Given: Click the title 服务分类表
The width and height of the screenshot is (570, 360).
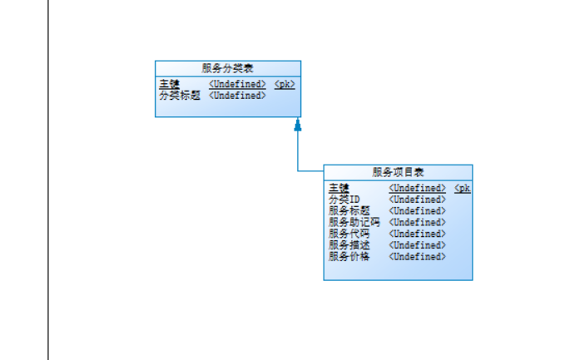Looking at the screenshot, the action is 227,68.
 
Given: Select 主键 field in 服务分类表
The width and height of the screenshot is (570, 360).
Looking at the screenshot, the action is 169,84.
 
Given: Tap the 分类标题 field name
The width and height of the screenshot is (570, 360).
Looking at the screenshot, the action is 180,95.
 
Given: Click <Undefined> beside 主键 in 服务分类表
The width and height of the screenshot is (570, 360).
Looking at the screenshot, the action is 237,84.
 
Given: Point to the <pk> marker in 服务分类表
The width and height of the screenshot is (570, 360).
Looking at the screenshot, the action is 285,84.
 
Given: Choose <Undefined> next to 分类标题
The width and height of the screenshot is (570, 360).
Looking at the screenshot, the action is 237,95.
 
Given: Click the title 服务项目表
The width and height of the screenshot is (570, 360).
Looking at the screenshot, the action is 398,172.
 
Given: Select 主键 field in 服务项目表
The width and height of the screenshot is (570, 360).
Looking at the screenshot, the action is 339,188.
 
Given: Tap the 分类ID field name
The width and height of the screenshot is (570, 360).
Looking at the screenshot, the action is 344,200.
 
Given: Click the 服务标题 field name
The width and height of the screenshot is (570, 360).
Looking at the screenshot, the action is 349,210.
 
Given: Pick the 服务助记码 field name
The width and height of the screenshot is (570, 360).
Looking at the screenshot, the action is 354,222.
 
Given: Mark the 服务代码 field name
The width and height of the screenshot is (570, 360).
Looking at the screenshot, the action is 349,234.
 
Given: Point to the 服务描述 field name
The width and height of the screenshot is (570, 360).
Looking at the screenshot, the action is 349,245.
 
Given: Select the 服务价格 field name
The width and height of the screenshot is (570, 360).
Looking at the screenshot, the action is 349,256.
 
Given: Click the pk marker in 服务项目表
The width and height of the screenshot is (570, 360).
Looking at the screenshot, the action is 463,188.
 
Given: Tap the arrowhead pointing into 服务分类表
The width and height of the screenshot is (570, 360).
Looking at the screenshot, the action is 297,125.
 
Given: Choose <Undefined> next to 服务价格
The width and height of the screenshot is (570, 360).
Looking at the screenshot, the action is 418,256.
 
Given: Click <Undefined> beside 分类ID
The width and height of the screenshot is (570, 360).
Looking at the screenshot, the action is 418,200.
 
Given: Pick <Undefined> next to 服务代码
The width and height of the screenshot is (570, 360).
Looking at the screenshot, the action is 418,234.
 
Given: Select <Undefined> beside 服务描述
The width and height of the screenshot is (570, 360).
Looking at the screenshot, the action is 418,245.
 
